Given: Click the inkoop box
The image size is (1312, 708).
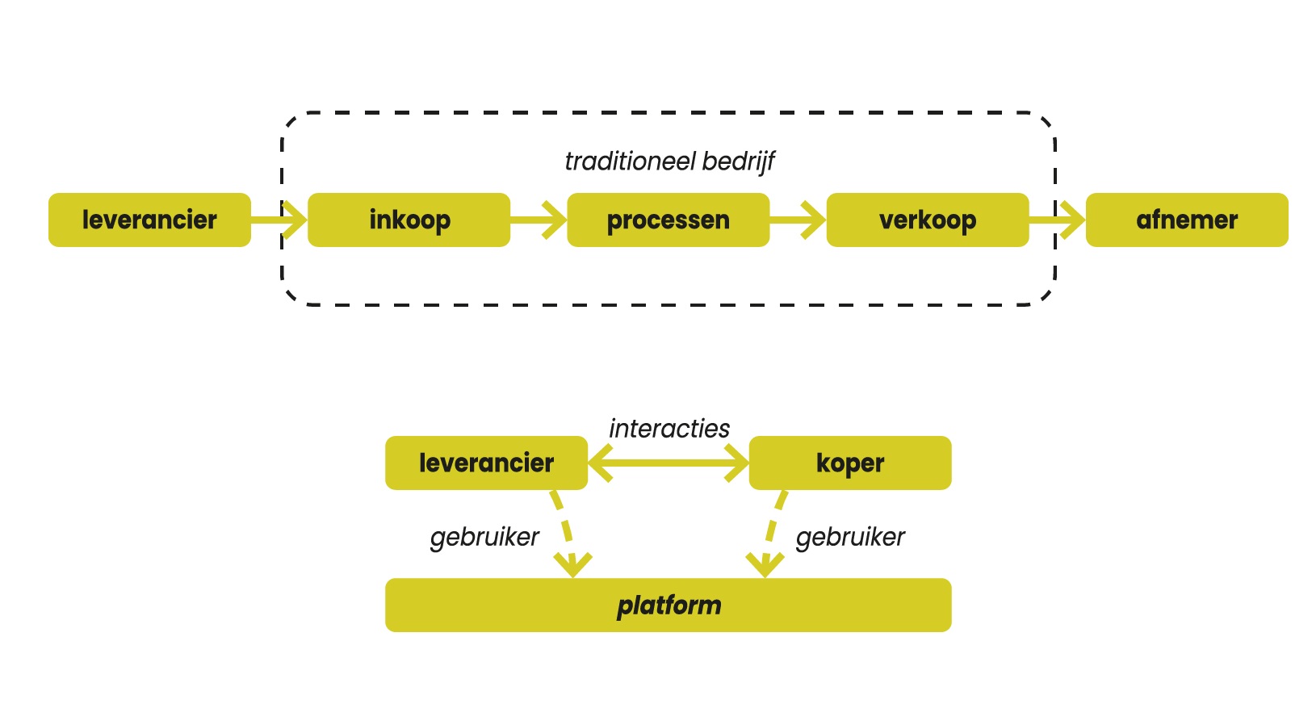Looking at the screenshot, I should [409, 220].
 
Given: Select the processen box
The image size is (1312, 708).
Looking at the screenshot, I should [668, 220].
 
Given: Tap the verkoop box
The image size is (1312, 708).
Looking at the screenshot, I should [927, 220].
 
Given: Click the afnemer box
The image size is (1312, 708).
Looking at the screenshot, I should [1186, 220].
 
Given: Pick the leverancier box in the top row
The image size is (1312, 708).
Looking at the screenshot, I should [149, 220].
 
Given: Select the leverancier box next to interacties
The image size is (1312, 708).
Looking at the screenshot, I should [486, 463].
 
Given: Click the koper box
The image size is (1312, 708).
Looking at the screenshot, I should [849, 463].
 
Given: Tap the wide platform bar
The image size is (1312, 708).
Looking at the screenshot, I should [668, 605].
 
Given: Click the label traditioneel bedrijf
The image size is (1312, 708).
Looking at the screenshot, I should [669, 161].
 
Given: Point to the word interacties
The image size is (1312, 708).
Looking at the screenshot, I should [669, 429].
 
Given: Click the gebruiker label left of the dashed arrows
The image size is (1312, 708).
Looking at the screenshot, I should [484, 537].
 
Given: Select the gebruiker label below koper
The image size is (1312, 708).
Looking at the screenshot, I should [849, 537].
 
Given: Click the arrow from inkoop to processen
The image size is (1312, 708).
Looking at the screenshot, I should [539, 220].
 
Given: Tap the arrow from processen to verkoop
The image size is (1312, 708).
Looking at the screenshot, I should [798, 220].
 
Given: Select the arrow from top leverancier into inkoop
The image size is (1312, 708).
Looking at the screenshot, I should [279, 220].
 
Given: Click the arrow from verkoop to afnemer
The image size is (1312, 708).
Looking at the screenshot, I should [1057, 220].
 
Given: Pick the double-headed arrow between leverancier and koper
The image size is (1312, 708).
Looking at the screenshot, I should [668, 463].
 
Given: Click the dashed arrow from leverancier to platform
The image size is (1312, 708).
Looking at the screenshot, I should [565, 533].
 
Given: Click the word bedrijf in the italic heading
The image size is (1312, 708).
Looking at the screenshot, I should [738, 161].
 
